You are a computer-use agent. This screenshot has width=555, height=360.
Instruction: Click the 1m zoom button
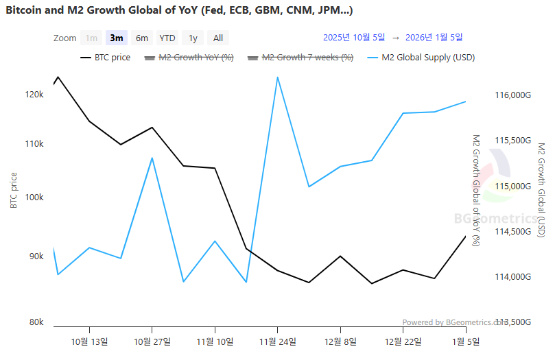pyautogui.click(x=91, y=38)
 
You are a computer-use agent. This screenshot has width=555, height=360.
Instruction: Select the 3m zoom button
pyautogui.click(x=117, y=38)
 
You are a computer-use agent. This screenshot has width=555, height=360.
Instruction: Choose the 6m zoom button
pyautogui.click(x=142, y=38)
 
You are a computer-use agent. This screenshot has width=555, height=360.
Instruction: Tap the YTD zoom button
pyautogui.click(x=167, y=38)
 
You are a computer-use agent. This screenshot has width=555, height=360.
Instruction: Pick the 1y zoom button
pyautogui.click(x=193, y=38)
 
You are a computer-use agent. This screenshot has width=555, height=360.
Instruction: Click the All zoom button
pyautogui.click(x=217, y=38)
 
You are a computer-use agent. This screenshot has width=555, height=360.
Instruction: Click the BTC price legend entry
pyautogui.click(x=106, y=58)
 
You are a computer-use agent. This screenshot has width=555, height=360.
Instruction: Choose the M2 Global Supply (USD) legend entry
pyautogui.click(x=422, y=58)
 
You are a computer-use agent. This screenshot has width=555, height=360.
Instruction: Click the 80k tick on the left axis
pyautogui.click(x=35, y=322)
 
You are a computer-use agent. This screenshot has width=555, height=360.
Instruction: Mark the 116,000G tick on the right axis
pyautogui.click(x=513, y=95)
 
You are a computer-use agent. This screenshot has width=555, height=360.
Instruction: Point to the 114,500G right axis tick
pyautogui.click(x=513, y=232)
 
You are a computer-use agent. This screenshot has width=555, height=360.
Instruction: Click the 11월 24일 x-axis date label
pyautogui.click(x=277, y=341)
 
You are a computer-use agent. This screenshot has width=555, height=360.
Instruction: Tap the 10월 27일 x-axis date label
pyautogui.click(x=152, y=341)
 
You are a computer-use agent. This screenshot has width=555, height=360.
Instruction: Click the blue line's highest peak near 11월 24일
pyautogui.click(x=277, y=77)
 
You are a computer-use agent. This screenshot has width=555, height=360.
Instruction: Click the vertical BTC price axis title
pyautogui.click(x=13, y=190)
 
